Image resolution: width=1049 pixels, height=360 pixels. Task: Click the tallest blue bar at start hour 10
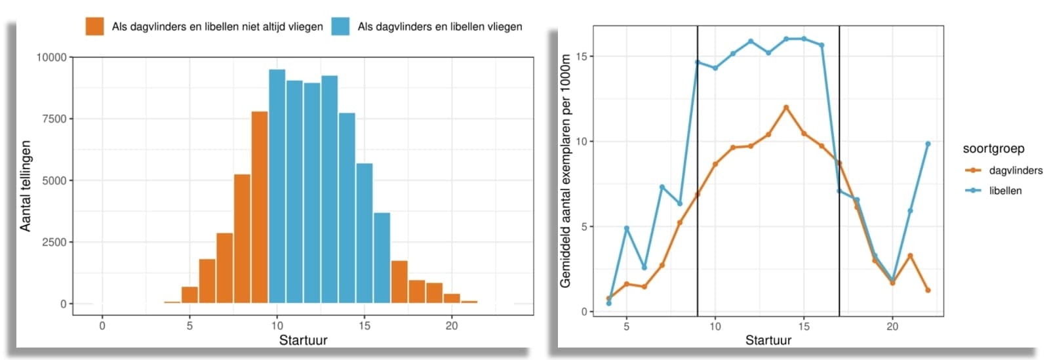pyautogui.click(x=277, y=186)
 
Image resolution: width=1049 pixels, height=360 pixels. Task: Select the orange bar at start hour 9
pyautogui.click(x=260, y=207)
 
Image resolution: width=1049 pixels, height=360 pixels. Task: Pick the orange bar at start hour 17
pyautogui.click(x=399, y=282)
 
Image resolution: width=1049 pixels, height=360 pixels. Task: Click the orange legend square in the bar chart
pyautogui.click(x=94, y=26)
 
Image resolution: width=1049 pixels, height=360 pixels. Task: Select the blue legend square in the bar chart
pyautogui.click(x=340, y=26)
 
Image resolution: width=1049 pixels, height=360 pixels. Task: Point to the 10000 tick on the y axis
pyautogui.click(x=51, y=58)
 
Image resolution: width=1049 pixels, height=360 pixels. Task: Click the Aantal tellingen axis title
pyautogui.click(x=26, y=186)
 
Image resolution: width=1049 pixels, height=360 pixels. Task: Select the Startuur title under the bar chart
pyautogui.click(x=303, y=340)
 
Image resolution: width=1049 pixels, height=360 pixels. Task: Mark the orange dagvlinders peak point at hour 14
pyautogui.click(x=785, y=108)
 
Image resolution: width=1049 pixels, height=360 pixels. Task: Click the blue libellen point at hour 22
pyautogui.click(x=928, y=144)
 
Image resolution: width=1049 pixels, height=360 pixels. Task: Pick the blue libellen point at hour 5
pyautogui.click(x=627, y=228)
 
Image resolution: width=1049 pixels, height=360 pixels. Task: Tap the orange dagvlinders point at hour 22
pyautogui.click(x=928, y=290)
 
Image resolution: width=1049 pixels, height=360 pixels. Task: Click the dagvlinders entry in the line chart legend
pyautogui.click(x=1015, y=170)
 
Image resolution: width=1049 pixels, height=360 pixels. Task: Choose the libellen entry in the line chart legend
pyautogui.click(x=1005, y=191)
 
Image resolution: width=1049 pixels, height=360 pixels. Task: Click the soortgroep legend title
pyautogui.click(x=993, y=149)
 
